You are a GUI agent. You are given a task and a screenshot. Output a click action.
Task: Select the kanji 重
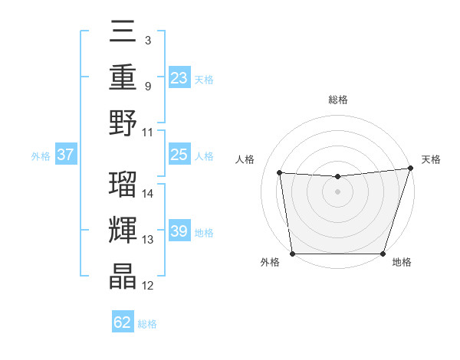(123, 78)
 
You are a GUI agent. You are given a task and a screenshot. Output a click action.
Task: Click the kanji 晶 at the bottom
(123, 277)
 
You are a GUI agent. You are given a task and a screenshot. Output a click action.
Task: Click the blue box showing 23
(179, 78)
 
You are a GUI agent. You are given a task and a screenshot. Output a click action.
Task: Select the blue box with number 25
(179, 155)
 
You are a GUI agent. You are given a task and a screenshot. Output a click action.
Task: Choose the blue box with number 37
(65, 155)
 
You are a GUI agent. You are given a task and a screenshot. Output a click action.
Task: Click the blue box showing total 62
(123, 322)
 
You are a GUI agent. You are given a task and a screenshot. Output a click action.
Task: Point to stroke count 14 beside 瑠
(148, 194)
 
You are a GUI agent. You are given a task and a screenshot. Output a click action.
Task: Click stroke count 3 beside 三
(147, 40)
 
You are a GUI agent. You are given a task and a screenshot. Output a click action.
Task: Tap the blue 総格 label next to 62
(147, 324)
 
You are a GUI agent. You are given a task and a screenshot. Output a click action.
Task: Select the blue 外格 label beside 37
(41, 156)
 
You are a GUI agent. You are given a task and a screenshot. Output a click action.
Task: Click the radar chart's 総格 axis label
(337, 100)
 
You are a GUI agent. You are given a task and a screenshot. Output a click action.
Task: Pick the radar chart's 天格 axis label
(431, 159)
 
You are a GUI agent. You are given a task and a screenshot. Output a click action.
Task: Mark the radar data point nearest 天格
(410, 168)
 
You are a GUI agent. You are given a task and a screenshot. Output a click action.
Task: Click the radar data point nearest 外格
(292, 254)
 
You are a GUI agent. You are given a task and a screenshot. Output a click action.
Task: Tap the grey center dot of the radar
(337, 191)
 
